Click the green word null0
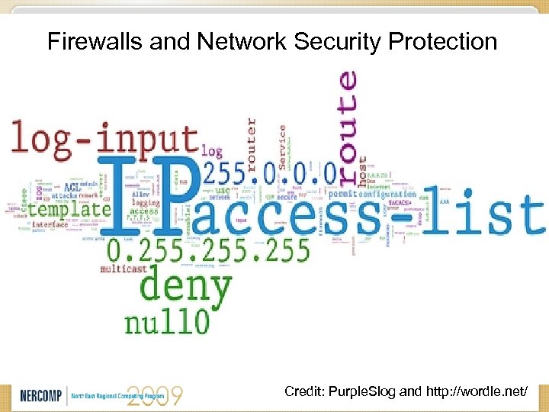(168, 320)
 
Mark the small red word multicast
(120, 269)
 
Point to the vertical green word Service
(282, 145)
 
